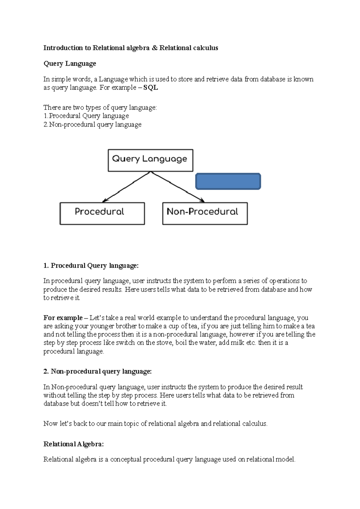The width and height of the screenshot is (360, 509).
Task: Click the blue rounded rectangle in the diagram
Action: point(228,181)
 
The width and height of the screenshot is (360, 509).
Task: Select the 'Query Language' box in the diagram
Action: point(150,160)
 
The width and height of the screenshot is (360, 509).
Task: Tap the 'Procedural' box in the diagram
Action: point(102,213)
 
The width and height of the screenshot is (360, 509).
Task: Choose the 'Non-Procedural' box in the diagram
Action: point(205,213)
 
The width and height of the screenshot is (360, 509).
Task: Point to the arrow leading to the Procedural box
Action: point(126,187)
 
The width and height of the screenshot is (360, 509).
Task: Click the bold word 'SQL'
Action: point(151,88)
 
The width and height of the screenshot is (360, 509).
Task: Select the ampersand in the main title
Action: point(154,48)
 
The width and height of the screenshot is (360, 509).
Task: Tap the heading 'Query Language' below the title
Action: point(70,64)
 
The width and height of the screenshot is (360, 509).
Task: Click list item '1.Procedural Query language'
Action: point(86,116)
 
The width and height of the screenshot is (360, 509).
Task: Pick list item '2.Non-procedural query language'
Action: point(92,124)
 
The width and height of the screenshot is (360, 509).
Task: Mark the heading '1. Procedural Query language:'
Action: point(91,266)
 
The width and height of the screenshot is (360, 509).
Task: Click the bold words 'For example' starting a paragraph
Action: point(63,318)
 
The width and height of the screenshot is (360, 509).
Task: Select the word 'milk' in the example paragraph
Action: point(237,343)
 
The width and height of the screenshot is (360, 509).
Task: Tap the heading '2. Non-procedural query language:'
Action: point(97,371)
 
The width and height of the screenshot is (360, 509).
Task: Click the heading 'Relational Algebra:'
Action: point(73,444)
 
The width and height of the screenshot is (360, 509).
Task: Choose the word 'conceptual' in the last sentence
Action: point(126,459)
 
